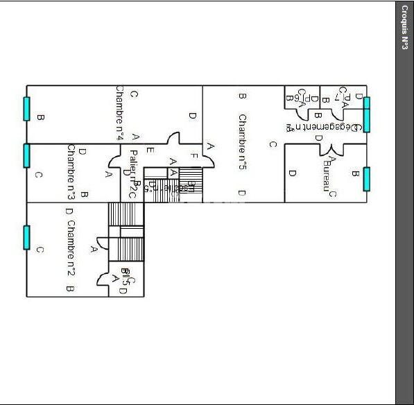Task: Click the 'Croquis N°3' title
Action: pyautogui.click(x=404, y=27)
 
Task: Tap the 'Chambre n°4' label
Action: pyautogui.click(x=119, y=114)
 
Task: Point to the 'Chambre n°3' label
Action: pyautogui.click(x=71, y=171)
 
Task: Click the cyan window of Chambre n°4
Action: pyautogui.click(x=27, y=109)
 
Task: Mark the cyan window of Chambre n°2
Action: pyautogui.click(x=27, y=237)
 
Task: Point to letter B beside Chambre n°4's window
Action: pyautogui.click(x=40, y=118)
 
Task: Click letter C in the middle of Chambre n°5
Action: pyautogui.click(x=273, y=144)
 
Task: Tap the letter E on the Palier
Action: pyautogui.click(x=150, y=150)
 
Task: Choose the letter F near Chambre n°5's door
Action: pyautogui.click(x=195, y=156)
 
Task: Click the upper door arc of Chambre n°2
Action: pyautogui.click(x=101, y=243)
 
